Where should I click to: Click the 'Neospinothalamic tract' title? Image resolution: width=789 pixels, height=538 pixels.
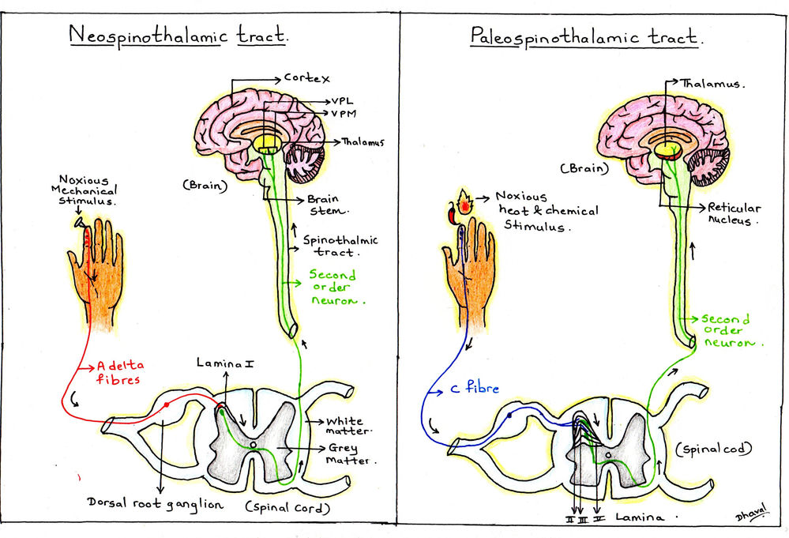178,36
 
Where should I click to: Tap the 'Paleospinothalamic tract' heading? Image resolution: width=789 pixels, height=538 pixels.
586,36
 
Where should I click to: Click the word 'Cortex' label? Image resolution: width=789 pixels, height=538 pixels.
306,79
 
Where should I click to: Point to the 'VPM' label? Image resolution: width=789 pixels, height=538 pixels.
345,115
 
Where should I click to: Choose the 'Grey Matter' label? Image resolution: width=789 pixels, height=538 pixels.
353,453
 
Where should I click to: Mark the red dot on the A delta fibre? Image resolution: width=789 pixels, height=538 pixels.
167,404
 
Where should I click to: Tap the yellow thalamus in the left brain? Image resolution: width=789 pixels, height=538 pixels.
269,143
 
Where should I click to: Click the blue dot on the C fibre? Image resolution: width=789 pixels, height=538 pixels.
509,413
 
